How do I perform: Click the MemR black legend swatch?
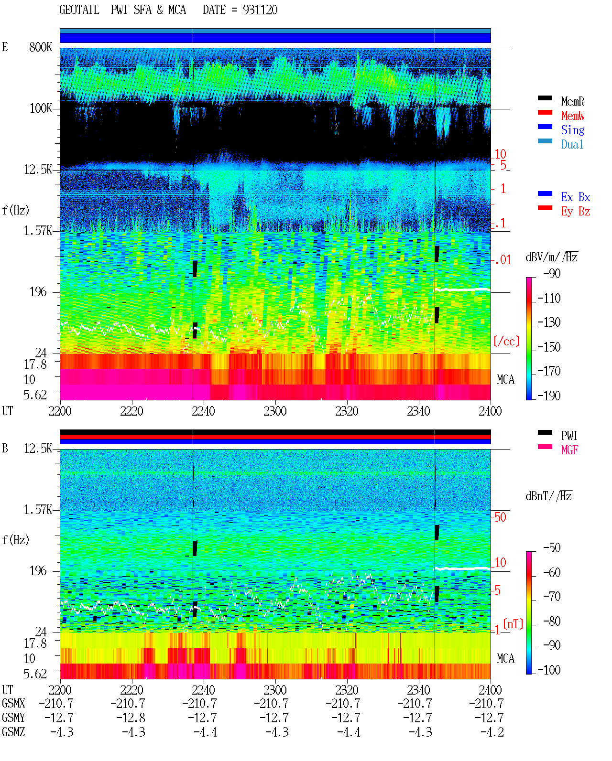[x=545, y=98]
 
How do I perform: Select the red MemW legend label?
[x=573, y=116]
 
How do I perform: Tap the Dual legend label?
[x=572, y=144]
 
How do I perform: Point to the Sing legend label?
[x=573, y=130]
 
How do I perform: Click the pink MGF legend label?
[x=569, y=450]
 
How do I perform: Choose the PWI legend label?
[x=569, y=435]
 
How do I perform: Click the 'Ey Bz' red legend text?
[x=576, y=211]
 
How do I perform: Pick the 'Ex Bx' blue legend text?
[x=576, y=197]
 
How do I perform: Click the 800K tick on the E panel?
[x=41, y=47]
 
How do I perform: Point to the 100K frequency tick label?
[x=41, y=108]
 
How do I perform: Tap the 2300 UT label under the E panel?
[x=275, y=411]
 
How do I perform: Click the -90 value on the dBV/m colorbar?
[x=552, y=273]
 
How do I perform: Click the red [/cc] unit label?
[x=506, y=341]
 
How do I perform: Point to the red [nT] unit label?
[x=513, y=624]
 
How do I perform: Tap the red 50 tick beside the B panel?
[x=500, y=517]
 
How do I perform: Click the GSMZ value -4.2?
[x=492, y=732]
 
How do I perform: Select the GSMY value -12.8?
[x=131, y=718]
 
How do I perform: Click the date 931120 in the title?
[x=260, y=10]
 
